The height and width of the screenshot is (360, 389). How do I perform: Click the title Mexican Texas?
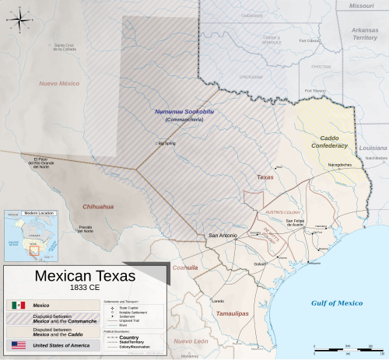click(85, 276)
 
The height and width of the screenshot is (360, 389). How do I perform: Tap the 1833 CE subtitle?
click(85, 288)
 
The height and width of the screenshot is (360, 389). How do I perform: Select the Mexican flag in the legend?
click(19, 306)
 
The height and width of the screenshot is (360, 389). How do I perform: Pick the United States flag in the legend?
click(19, 344)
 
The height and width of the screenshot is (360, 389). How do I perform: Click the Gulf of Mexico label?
click(337, 302)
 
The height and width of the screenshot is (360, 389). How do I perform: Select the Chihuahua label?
click(99, 207)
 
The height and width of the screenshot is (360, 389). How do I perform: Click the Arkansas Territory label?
click(364, 33)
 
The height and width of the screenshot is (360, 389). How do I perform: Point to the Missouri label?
click(361, 5)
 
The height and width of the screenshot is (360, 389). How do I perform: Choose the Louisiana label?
click(373, 147)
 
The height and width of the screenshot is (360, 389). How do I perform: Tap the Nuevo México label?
click(60, 82)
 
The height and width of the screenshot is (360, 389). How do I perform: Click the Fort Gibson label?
click(310, 40)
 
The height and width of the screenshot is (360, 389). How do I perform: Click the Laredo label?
click(219, 301)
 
